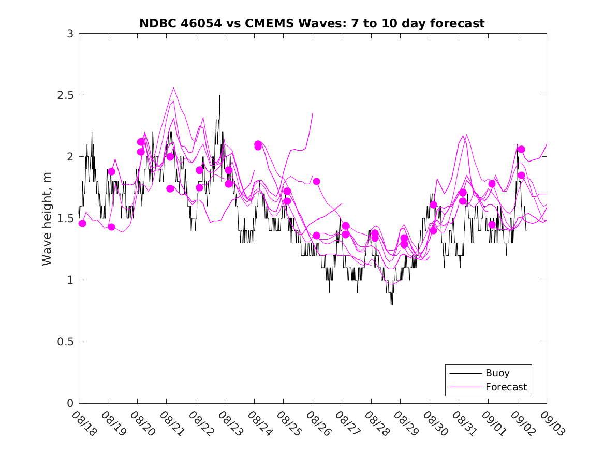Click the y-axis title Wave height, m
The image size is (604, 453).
point(47,218)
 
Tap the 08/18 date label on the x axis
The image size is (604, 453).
point(84,423)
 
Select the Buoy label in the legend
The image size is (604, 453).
point(497,373)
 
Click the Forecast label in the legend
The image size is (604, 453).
point(506,387)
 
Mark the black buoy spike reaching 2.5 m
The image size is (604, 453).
point(219,96)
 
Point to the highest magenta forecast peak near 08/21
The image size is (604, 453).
point(173,88)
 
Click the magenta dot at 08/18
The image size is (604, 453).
point(82,223)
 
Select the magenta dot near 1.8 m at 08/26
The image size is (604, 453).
point(316,181)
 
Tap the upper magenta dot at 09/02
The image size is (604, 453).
point(521,149)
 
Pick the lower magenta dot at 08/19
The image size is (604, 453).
point(111,227)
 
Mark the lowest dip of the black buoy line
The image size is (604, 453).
point(391,304)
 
